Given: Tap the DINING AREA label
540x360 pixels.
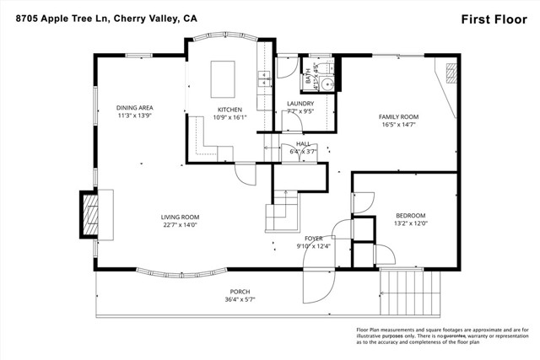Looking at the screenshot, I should coord(134,107).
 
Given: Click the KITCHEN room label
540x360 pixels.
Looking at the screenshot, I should coord(229,110).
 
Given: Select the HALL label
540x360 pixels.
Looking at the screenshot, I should coord(301,144).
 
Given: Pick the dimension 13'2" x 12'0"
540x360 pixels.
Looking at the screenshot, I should coord(411,223).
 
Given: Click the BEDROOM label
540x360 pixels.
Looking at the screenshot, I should coord(411,215).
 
